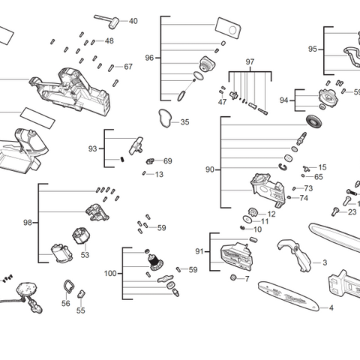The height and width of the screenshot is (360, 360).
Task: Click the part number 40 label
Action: click(x=133, y=21)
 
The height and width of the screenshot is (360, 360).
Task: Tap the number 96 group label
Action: click(x=149, y=58)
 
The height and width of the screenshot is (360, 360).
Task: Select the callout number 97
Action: click(x=250, y=61)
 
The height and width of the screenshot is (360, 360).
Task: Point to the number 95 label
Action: click(x=313, y=49)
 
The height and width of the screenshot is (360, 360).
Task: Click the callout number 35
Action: click(x=184, y=122)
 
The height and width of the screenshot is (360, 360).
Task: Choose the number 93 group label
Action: click(x=93, y=148)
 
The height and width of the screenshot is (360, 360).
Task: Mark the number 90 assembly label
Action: click(x=210, y=169)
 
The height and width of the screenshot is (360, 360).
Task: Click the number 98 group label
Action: click(x=28, y=223)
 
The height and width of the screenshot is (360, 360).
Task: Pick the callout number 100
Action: click(x=111, y=274)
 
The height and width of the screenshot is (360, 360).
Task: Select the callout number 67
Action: click(x=128, y=67)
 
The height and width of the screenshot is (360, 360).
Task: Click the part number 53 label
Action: click(x=85, y=255)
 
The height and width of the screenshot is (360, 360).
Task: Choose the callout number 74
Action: click(x=304, y=199)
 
